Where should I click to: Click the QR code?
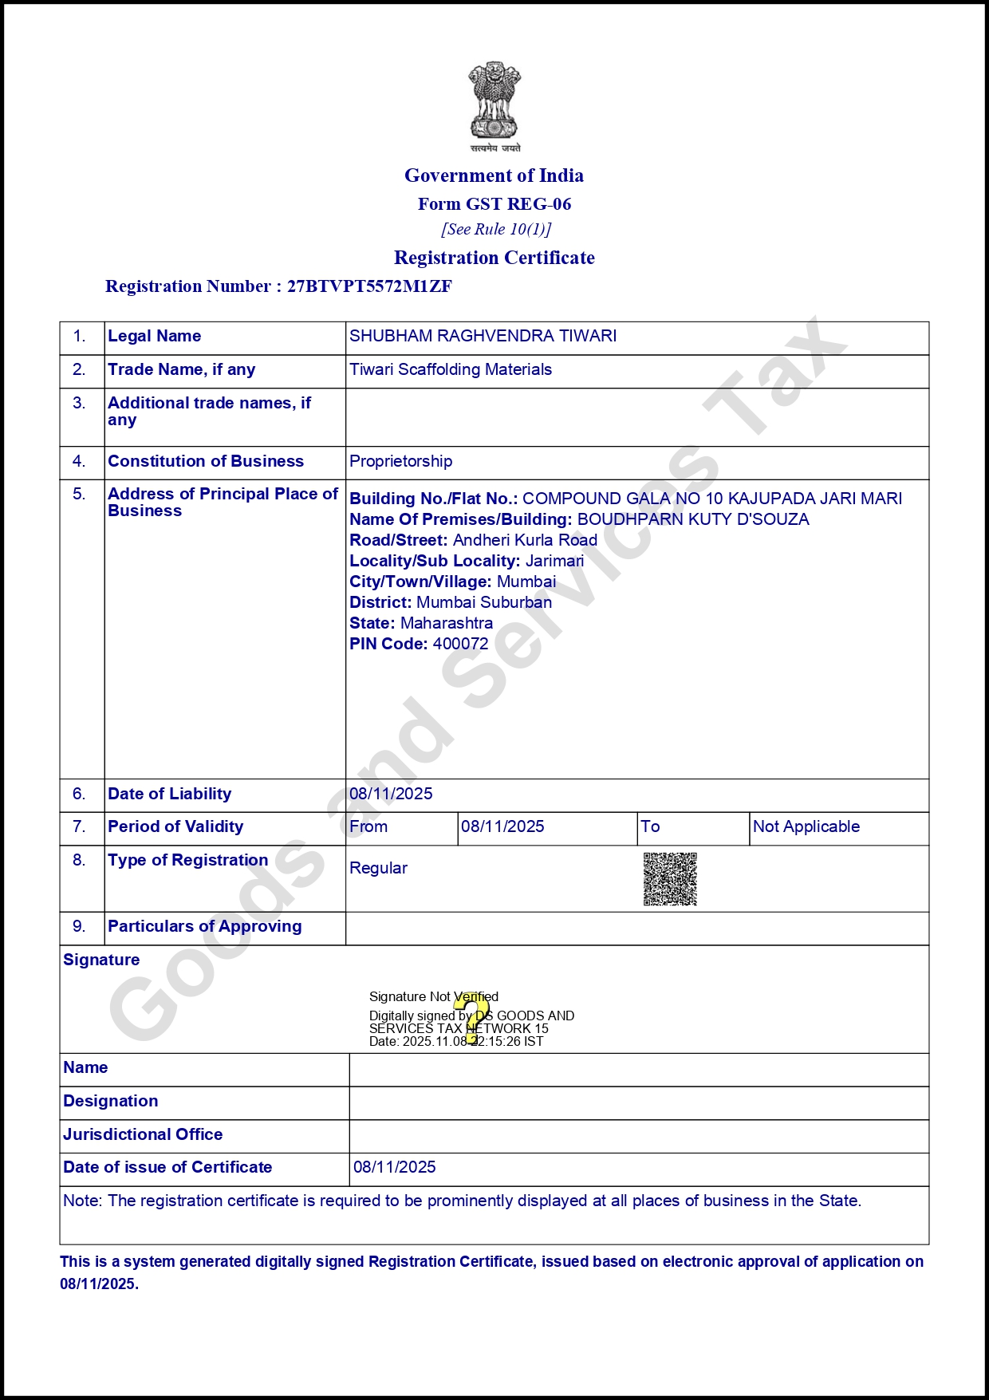coord(670,879)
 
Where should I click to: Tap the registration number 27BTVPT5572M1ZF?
coord(369,286)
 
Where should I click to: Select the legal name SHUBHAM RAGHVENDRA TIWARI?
coord(483,336)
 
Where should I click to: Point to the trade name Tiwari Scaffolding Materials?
coord(451,369)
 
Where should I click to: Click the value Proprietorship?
coord(400,461)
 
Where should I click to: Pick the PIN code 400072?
coord(460,644)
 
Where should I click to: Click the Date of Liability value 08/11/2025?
coord(391,794)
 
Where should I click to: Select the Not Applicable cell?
coord(806,826)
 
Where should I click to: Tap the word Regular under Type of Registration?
coord(378,868)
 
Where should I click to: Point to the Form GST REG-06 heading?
coord(494,204)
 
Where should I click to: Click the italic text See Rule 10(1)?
coord(496,230)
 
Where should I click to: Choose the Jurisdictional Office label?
coord(143,1134)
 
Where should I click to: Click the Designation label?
coord(110,1101)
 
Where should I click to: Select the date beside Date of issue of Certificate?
coord(394,1167)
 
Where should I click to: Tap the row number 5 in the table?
coord(79,494)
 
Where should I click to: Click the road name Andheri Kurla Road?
coord(525,540)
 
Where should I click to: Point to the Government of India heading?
coord(494,175)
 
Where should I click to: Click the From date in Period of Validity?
coord(502,826)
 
